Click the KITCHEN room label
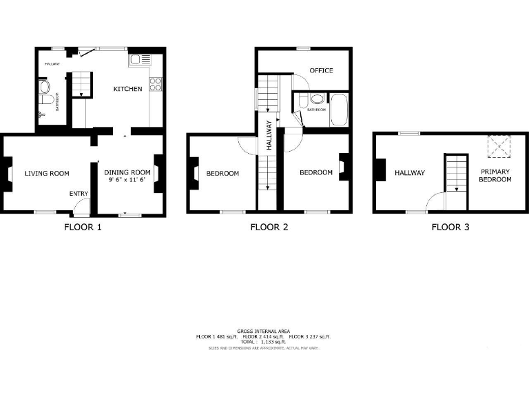(x=127, y=89)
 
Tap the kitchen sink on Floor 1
(x=135, y=60)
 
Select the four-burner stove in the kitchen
(x=156, y=85)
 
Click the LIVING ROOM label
(x=47, y=173)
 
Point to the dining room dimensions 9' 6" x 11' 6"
(x=127, y=180)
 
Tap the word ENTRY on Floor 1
(x=79, y=194)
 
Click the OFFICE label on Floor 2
(x=321, y=70)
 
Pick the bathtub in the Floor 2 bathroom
(x=338, y=110)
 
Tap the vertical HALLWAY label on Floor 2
(x=269, y=138)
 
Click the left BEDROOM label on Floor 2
(x=222, y=173)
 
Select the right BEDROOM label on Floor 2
(x=315, y=172)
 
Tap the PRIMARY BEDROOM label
(x=496, y=175)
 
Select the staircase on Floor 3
(x=455, y=173)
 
